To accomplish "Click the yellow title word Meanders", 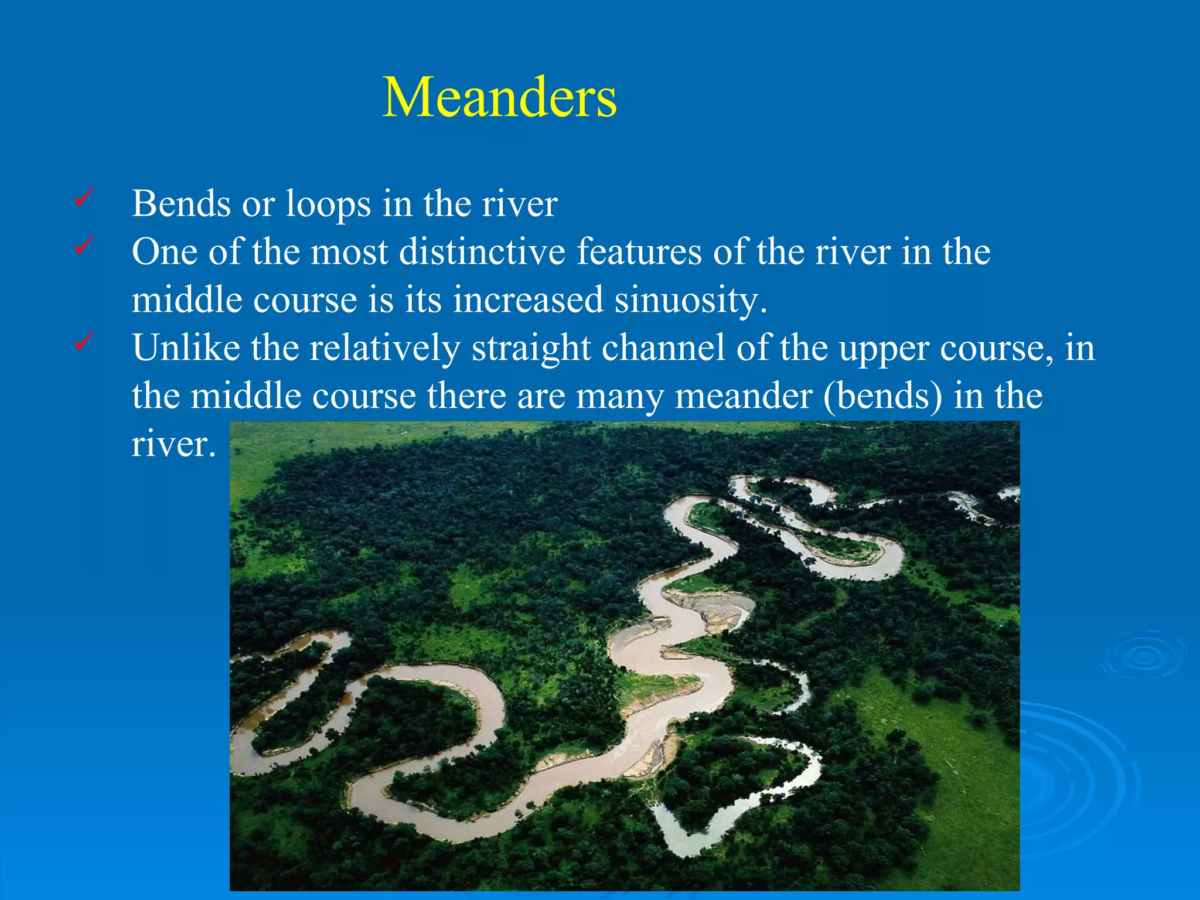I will pyautogui.click(x=499, y=97).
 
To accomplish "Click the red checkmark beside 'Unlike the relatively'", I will pyautogui.click(x=83, y=341).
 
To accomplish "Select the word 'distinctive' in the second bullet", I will pyautogui.click(x=482, y=252).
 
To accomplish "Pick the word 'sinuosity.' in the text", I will pyautogui.click(x=691, y=300).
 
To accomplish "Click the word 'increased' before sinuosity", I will pyautogui.click(x=528, y=300).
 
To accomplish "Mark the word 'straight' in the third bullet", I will pyautogui.click(x=531, y=348).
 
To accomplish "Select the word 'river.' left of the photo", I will pyautogui.click(x=173, y=444).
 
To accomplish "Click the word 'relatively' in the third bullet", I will pyautogui.click(x=385, y=348).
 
